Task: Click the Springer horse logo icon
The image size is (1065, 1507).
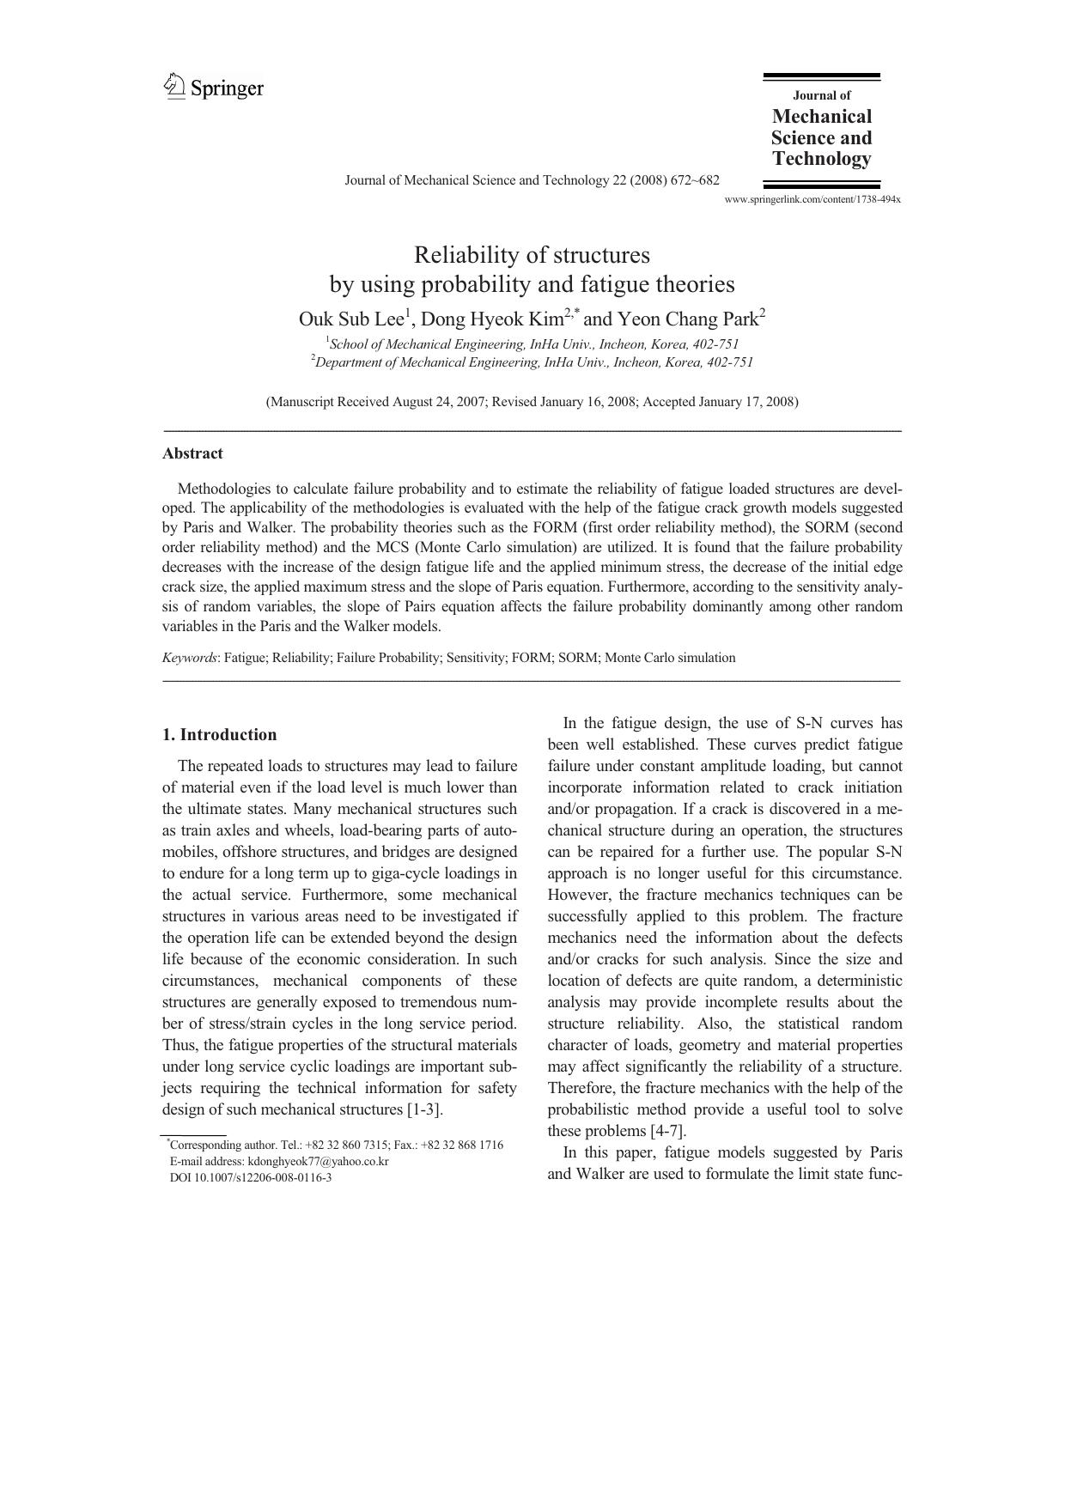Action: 174,86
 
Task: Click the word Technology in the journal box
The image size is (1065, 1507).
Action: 821,159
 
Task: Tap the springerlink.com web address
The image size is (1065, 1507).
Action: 812,199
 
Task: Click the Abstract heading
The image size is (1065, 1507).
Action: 192,453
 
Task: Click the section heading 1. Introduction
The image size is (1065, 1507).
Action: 219,734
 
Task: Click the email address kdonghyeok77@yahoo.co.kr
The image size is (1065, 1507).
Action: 318,1161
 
